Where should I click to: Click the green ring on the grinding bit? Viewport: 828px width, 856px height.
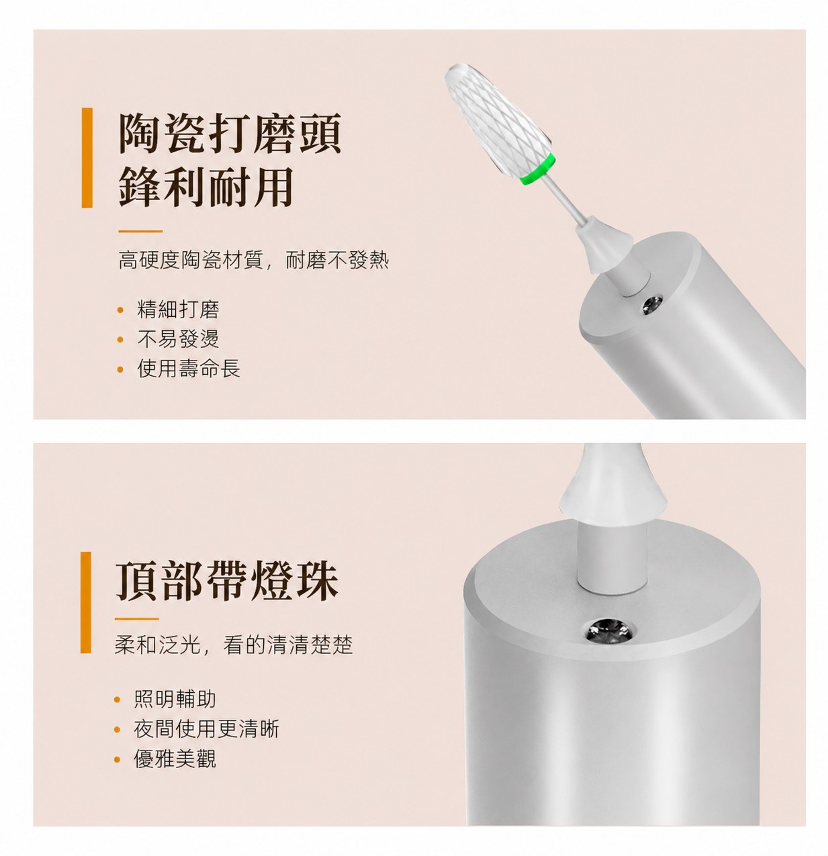pyautogui.click(x=537, y=169)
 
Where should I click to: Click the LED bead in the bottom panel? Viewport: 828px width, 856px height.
pyautogui.click(x=610, y=631)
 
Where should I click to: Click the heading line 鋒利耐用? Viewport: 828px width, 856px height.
pyautogui.click(x=206, y=187)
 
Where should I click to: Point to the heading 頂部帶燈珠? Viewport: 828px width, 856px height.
pyautogui.click(x=227, y=580)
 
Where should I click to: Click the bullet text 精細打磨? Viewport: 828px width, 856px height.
pyautogui.click(x=178, y=310)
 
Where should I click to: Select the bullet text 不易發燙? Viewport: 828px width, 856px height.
pyautogui.click(x=178, y=338)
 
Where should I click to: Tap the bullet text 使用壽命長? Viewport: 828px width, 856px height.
pyautogui.click(x=188, y=368)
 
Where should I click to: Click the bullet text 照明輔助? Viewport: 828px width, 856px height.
pyautogui.click(x=175, y=699)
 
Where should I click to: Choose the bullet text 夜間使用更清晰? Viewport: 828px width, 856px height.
pyautogui.click(x=206, y=729)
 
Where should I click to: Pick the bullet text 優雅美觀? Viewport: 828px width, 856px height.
pyautogui.click(x=175, y=759)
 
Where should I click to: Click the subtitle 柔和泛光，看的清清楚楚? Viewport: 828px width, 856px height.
pyautogui.click(x=234, y=645)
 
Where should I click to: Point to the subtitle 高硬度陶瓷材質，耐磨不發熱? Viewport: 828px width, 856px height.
pyautogui.click(x=253, y=260)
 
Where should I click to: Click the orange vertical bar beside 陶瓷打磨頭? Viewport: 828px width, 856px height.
pyautogui.click(x=87, y=158)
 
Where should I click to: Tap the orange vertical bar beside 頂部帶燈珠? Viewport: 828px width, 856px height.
pyautogui.click(x=86, y=602)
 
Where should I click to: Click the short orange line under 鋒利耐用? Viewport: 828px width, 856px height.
pyautogui.click(x=140, y=231)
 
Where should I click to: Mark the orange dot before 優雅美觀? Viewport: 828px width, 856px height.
pyautogui.click(x=117, y=759)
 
